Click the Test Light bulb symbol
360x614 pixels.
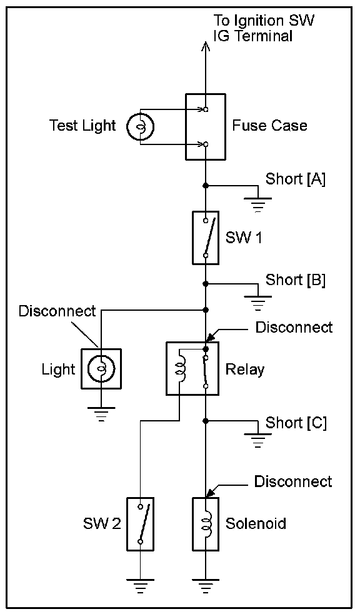point(140,126)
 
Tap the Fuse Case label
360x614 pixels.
point(269,125)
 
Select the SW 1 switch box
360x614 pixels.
point(206,238)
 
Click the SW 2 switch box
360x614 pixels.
point(140,524)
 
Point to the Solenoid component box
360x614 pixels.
point(206,524)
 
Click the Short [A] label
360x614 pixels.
point(296,179)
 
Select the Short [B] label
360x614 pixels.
point(296,280)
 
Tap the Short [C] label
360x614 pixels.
point(296,423)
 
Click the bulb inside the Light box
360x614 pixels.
point(101,369)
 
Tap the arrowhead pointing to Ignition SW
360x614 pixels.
point(206,46)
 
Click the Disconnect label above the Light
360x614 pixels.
point(57,311)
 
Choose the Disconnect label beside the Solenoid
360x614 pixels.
point(293,481)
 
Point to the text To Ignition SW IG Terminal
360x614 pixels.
point(263,28)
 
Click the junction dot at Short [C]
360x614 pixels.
point(206,421)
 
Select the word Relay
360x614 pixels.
point(244,370)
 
